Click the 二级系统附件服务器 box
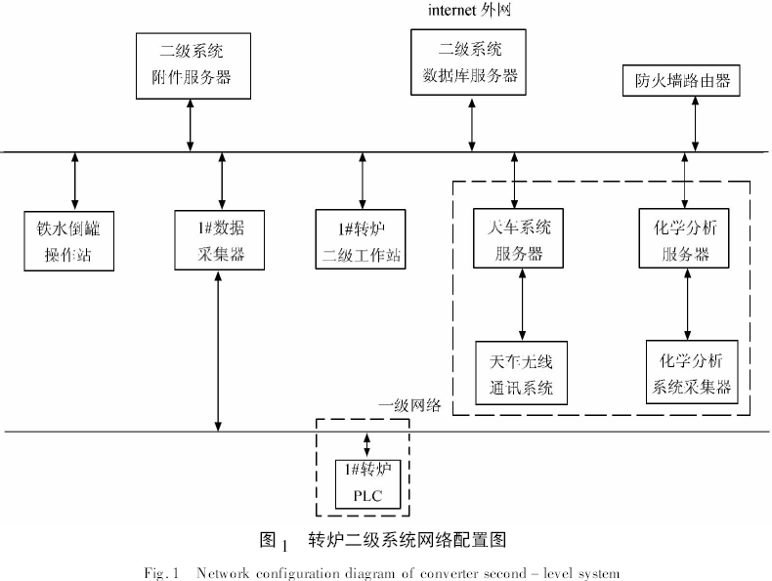click(x=190, y=64)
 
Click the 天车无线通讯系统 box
click(x=521, y=373)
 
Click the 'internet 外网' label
click(x=470, y=11)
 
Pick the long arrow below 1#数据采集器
click(x=218, y=352)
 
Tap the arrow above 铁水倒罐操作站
click(x=75, y=181)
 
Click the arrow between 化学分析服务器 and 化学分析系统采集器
click(x=689, y=305)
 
